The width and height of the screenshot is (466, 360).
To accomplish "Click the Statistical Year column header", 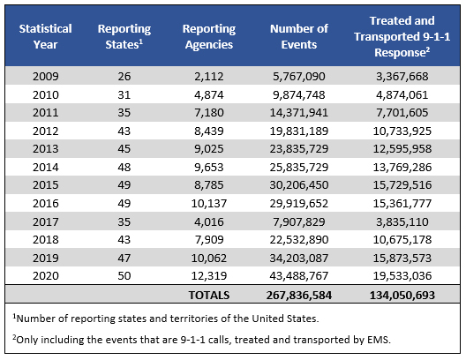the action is coord(46,36).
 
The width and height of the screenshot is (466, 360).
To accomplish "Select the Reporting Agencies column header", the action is coord(209,36).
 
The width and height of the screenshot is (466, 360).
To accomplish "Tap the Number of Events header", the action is coord(299,36).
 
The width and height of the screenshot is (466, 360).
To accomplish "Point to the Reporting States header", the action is coord(124,36).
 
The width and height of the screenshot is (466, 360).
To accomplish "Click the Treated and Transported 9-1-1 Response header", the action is coord(402,36).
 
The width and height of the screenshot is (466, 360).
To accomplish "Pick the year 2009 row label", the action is coord(46,77).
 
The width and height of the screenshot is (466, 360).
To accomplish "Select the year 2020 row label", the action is coord(46,275).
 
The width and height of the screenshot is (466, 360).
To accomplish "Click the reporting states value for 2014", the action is coord(124,168).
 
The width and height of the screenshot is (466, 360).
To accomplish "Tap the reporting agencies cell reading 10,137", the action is coord(209,204).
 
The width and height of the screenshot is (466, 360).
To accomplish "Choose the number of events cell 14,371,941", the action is coord(299,113).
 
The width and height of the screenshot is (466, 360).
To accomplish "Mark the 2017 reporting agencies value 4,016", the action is coord(209,221).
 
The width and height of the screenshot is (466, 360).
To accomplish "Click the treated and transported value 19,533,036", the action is coord(402,275).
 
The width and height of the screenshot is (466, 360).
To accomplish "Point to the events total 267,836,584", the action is coord(299,296).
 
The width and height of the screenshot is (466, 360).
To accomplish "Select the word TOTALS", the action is coord(209,296).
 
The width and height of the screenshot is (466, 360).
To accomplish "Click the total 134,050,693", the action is coord(402,296).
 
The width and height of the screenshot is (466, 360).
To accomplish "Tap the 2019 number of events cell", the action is coord(299,258).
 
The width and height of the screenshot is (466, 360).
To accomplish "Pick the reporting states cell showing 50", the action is coord(124,275).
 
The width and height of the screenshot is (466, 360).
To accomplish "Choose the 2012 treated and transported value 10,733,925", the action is coord(402,131).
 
